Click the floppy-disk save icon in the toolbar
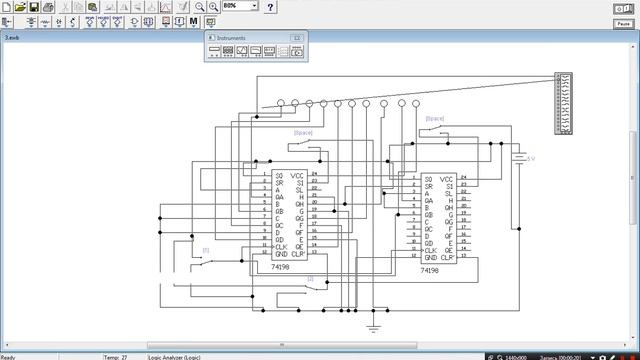[x=34, y=7]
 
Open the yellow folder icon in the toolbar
[x=20, y=7]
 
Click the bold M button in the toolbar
[x=194, y=21]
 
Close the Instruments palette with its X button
[x=297, y=37]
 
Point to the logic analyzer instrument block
[x=564, y=103]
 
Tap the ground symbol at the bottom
[x=374, y=325]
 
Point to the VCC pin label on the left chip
[x=297, y=176]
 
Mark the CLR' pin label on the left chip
[x=297, y=254]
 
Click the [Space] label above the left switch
[x=303, y=132]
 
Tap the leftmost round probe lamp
[x=281, y=103]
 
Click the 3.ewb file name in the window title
[x=12, y=36]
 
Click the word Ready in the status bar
[x=8, y=356]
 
